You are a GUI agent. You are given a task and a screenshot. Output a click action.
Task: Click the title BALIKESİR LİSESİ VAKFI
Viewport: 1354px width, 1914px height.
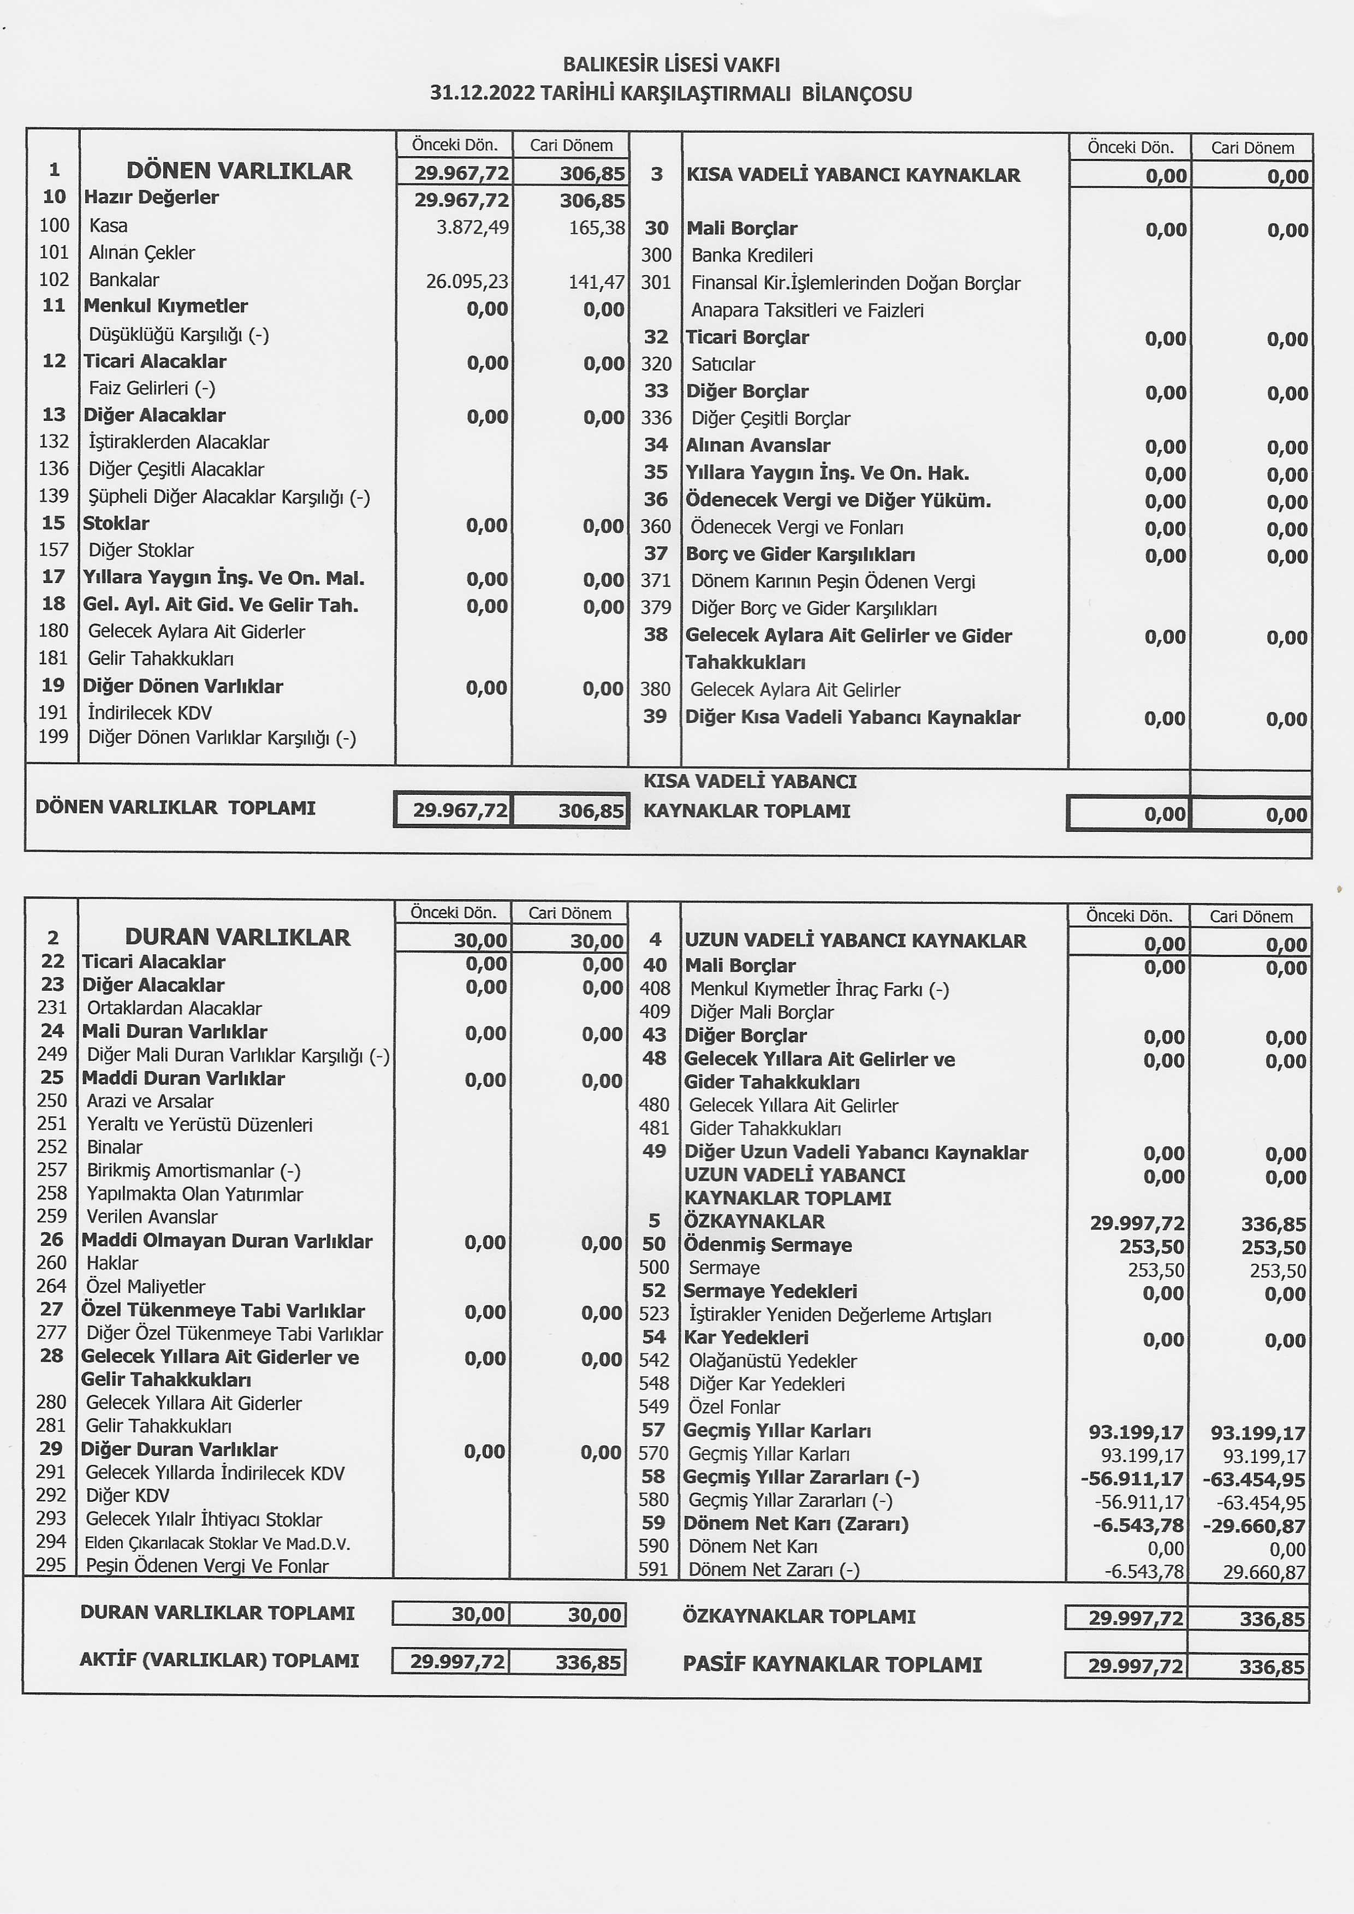click(x=671, y=64)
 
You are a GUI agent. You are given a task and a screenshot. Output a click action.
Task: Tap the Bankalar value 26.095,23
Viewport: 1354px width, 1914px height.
click(x=467, y=282)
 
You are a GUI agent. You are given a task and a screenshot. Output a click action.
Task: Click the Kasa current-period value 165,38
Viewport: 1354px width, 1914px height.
click(x=596, y=227)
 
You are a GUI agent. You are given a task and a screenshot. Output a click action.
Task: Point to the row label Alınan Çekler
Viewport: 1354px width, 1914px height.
click(x=142, y=253)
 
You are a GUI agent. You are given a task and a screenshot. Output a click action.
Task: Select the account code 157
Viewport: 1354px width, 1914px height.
click(x=54, y=550)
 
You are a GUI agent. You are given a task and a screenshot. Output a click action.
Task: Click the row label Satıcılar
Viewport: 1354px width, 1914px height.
click(x=723, y=364)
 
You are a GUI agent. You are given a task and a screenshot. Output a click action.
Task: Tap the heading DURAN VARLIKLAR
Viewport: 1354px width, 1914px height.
click(x=237, y=937)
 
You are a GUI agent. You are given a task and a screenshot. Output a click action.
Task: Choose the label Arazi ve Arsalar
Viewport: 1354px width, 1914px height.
click(x=150, y=1101)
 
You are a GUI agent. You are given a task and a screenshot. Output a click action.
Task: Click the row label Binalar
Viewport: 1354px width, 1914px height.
click(x=114, y=1147)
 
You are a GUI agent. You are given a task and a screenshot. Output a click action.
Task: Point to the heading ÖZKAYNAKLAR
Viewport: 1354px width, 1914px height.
click(x=753, y=1221)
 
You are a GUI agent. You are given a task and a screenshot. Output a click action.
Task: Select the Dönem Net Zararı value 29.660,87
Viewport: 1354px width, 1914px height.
click(x=1264, y=1573)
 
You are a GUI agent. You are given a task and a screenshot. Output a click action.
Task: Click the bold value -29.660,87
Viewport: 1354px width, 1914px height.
click(x=1254, y=1526)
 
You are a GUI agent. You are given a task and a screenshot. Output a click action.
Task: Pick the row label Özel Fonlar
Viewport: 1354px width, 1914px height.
click(x=734, y=1408)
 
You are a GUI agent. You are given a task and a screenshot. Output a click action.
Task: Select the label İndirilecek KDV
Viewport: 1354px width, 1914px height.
click(x=150, y=713)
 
